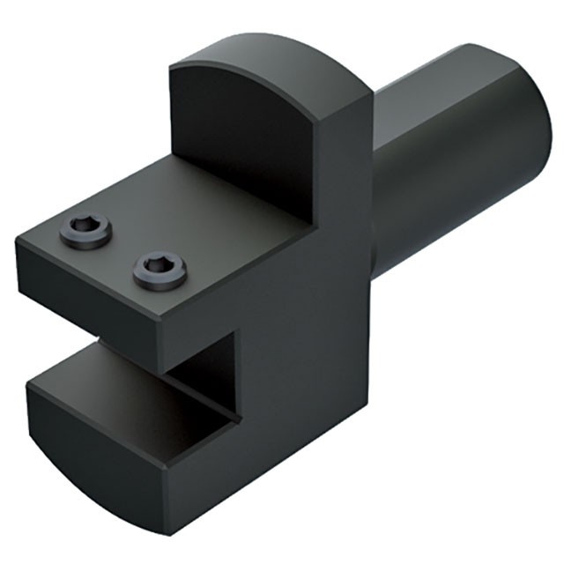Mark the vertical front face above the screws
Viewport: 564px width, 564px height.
pyautogui.click(x=238, y=141)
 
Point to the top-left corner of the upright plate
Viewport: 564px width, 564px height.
pyautogui.click(x=171, y=70)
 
